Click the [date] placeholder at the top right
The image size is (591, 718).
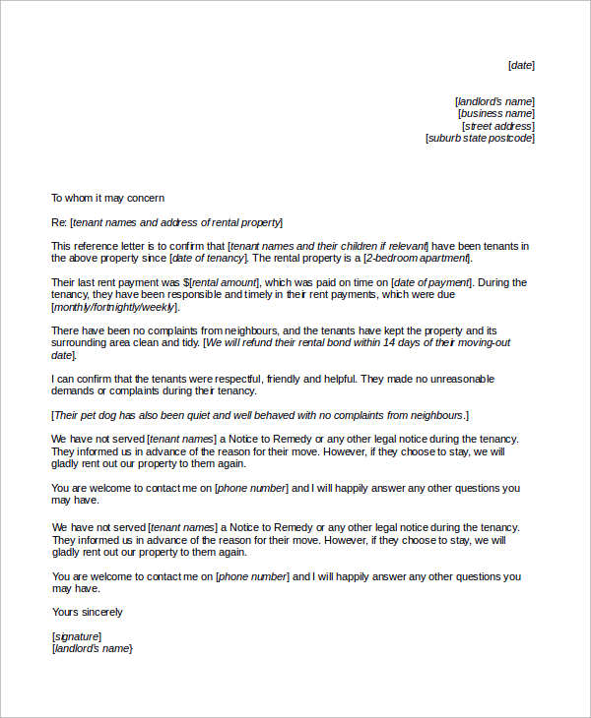pos(521,66)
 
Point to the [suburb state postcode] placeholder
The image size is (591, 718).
pos(480,139)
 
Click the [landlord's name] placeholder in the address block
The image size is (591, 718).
pos(494,101)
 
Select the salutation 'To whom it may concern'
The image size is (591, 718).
pos(107,198)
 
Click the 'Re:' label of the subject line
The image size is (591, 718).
pos(59,222)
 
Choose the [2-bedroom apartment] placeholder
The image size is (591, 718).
pos(417,259)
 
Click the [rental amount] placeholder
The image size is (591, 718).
pos(225,282)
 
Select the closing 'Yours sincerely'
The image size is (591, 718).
pos(87,612)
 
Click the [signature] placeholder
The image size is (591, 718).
pos(76,636)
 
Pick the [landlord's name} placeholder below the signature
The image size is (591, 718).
pos(92,649)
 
